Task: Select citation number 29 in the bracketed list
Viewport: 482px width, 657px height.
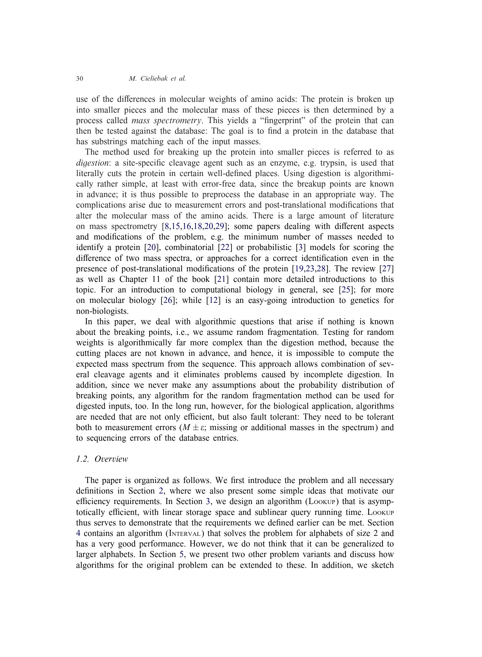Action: (x=220, y=226)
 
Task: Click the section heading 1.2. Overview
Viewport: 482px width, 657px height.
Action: (x=102, y=459)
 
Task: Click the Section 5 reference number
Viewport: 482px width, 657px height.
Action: (x=182, y=554)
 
